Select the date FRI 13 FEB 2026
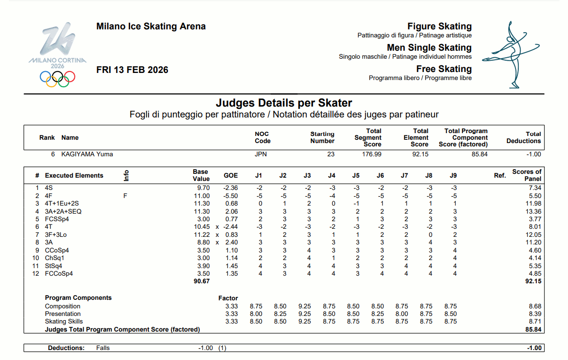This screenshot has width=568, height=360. (132, 70)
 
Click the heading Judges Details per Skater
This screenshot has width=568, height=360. (284, 103)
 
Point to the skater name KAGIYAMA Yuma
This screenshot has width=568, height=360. (87, 154)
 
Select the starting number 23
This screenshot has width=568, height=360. (330, 154)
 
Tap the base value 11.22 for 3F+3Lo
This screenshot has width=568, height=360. (201, 235)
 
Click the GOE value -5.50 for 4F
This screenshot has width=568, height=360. (230, 196)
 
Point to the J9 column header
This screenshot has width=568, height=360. (453, 176)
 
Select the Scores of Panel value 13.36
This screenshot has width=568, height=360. (533, 212)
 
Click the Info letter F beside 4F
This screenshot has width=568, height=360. (125, 196)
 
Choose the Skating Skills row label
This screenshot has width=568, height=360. (63, 321)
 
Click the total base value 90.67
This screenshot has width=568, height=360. (201, 281)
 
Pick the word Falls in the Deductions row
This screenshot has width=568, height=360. (103, 348)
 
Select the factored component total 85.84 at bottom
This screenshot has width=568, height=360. (533, 329)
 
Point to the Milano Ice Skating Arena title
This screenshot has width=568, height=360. (151, 27)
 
